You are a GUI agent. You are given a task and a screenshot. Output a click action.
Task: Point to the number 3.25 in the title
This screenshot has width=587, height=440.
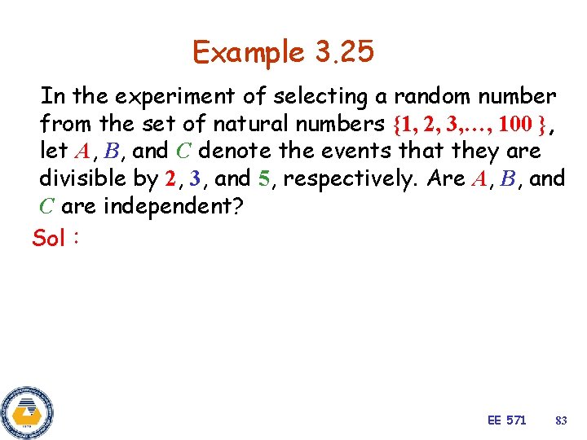(x=342, y=52)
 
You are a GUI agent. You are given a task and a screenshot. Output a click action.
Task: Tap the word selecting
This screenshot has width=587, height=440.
(x=320, y=97)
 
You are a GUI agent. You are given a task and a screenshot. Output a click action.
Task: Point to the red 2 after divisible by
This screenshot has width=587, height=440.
(x=169, y=178)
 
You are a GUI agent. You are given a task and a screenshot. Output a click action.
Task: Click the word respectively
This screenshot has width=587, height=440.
(x=351, y=179)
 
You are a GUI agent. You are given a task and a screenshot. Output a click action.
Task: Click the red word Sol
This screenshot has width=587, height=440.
(x=48, y=238)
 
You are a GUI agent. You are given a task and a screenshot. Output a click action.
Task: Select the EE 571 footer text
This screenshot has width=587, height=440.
(x=506, y=420)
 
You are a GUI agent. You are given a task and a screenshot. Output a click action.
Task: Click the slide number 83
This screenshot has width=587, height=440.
(x=560, y=420)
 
